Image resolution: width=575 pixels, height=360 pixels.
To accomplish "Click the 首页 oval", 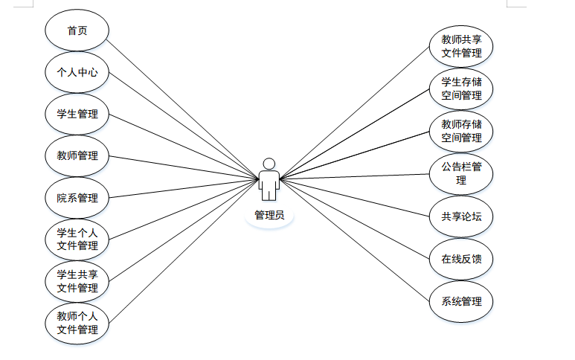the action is [x=77, y=30].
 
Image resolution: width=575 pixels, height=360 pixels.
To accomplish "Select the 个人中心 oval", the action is [x=77, y=73].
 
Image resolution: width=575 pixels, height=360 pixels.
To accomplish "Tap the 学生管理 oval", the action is [x=77, y=115].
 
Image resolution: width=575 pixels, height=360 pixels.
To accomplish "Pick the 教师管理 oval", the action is [x=77, y=156].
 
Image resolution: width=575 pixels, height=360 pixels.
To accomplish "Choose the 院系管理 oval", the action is [x=77, y=198].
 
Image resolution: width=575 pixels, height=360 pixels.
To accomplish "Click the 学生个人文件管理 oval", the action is [x=77, y=240].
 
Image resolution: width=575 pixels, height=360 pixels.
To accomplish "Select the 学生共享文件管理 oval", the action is [x=77, y=281].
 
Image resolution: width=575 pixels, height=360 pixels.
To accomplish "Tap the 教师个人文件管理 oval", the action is [x=77, y=323].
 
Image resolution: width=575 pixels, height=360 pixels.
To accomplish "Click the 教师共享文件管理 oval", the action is [x=461, y=46].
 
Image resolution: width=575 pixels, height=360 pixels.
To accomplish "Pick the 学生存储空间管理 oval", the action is [x=461, y=89].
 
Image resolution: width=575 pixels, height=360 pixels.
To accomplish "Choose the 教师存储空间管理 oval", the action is [x=461, y=131].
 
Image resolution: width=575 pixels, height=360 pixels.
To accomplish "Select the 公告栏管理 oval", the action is [x=461, y=173].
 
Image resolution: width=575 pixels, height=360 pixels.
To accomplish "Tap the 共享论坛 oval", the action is [x=461, y=216].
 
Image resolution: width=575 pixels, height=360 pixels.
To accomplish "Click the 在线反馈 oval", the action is [x=461, y=259].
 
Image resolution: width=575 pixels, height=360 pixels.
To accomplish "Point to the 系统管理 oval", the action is [x=461, y=301].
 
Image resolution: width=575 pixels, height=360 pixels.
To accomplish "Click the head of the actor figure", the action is [x=269, y=163].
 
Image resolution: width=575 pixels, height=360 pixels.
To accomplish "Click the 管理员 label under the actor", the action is [x=269, y=216].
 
